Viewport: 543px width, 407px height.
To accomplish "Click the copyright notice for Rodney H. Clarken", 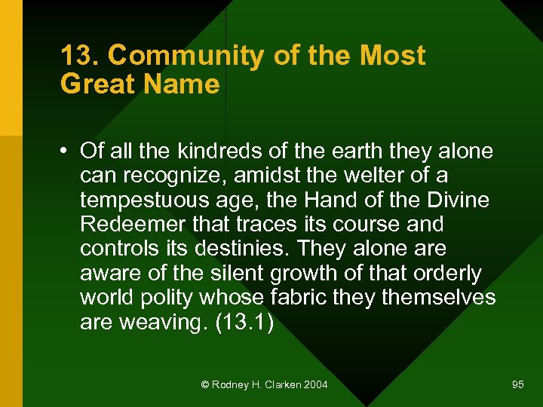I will click(265, 385).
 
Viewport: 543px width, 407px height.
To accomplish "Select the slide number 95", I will click(517, 385).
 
